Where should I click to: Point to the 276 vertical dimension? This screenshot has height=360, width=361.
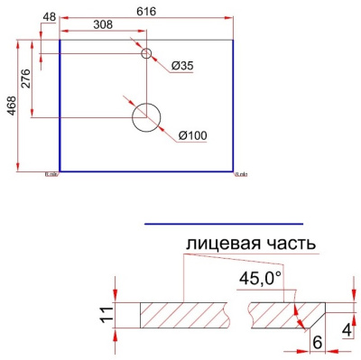26,78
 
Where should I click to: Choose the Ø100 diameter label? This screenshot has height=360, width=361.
193,135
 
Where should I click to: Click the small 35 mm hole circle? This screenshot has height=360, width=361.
145,53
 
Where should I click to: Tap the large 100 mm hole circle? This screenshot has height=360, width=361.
145,116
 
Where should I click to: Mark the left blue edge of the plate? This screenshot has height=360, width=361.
60,104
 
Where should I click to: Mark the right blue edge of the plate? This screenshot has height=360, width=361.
233,104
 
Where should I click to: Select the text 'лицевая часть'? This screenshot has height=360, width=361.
250,244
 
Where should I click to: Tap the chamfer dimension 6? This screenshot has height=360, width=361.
316,342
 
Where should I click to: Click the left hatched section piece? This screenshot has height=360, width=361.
189,315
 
